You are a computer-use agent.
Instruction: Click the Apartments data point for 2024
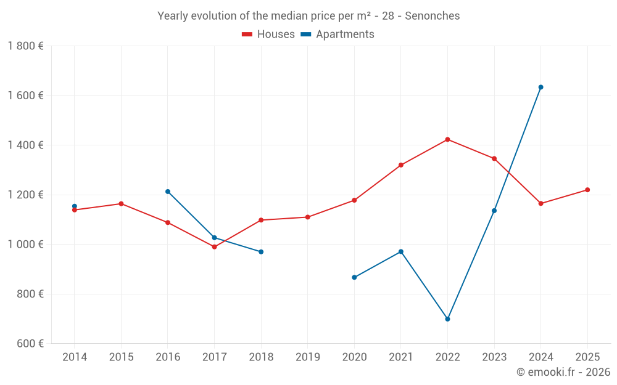(x=540, y=87)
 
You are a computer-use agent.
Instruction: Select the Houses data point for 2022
(x=447, y=139)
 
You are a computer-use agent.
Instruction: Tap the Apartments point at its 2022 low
(x=447, y=319)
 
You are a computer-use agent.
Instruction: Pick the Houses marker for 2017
(x=214, y=247)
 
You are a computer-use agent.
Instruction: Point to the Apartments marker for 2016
(x=168, y=192)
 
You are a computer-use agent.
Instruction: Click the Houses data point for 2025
(x=587, y=190)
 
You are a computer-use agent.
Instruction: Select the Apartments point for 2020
(x=354, y=277)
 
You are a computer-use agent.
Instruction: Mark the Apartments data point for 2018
(x=261, y=252)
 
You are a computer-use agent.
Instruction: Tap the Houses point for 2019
(x=307, y=217)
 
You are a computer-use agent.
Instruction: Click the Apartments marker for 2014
(x=75, y=206)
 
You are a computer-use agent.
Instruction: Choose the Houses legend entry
(x=268, y=34)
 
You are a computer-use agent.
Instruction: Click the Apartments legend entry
(x=337, y=34)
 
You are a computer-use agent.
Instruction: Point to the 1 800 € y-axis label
(x=25, y=46)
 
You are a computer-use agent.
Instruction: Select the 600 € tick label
(x=30, y=343)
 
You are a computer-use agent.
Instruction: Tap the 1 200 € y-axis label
(x=25, y=195)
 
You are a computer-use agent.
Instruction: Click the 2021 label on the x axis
(x=400, y=357)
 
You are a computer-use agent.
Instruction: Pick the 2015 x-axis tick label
(x=121, y=357)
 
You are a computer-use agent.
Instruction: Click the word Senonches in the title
(x=432, y=16)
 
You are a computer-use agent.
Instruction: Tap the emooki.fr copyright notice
(x=563, y=372)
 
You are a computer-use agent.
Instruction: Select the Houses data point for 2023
(x=494, y=158)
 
